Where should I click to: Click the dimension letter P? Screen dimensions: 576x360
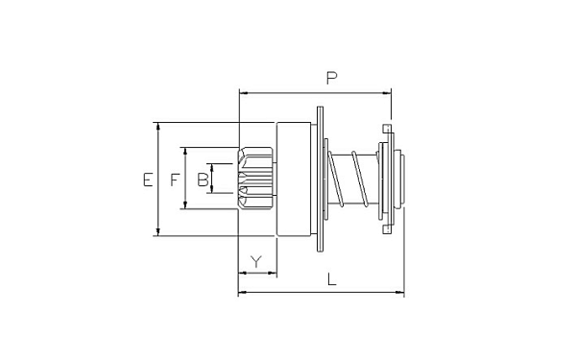332,78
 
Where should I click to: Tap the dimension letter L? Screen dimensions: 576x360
332,279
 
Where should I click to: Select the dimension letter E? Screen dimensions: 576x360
148,180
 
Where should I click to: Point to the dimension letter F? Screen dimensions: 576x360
175,180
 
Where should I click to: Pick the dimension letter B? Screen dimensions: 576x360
203,180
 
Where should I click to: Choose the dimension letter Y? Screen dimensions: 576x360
256,262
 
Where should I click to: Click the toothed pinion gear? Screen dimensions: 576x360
255,179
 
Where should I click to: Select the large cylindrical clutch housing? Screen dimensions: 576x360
294,179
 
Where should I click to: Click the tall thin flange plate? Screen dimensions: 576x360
320,179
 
